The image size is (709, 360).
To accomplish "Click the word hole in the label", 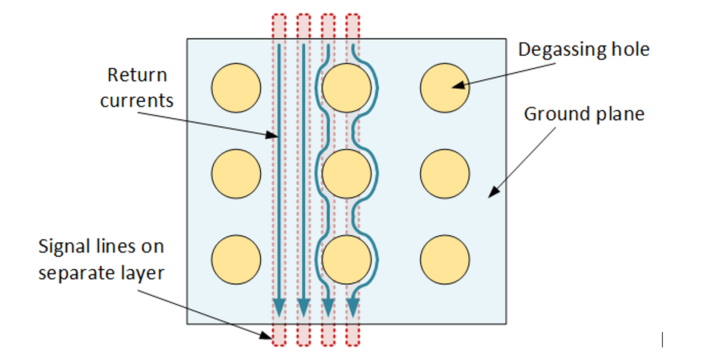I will point(630,49).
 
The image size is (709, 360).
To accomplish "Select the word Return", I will point(137,75).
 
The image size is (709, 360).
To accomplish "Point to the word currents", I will point(137,101).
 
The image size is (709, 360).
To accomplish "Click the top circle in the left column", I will point(236,88).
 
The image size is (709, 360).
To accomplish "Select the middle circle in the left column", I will point(236,174).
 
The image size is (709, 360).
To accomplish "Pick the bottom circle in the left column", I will point(236,259).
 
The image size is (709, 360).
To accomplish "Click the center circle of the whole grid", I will point(346,174).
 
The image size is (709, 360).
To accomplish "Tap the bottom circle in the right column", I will point(445,259).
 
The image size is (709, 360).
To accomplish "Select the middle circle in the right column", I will point(445,174).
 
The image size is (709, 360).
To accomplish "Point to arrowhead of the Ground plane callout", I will point(494,192).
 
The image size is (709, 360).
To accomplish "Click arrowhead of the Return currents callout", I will point(272,135).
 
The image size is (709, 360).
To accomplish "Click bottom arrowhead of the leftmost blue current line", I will point(279,307).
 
